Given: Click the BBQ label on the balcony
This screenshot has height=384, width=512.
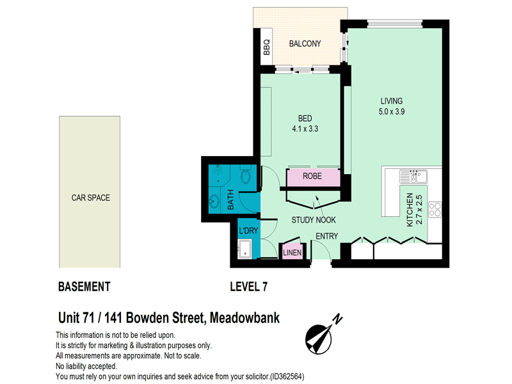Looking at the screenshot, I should [267, 47].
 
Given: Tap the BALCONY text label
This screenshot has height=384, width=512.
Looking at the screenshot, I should [305, 44].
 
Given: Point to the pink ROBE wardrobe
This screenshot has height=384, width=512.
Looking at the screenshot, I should [313, 177].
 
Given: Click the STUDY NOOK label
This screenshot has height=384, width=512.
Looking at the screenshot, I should [314, 220].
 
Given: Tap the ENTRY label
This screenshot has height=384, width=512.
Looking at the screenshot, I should [326, 236].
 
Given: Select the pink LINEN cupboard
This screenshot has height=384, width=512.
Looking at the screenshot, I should [292, 252].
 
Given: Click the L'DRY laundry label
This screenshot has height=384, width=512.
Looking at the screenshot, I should [248, 231].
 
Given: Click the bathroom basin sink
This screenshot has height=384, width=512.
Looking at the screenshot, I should [213, 203].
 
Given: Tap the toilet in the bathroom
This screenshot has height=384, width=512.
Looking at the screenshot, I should [245, 175].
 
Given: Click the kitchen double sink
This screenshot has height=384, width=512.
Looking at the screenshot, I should [413, 175].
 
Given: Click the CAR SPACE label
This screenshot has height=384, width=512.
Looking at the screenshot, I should [90, 198].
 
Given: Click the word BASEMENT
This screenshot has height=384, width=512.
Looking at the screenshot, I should [84, 286].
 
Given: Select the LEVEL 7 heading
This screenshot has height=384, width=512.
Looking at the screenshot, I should [248, 286].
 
